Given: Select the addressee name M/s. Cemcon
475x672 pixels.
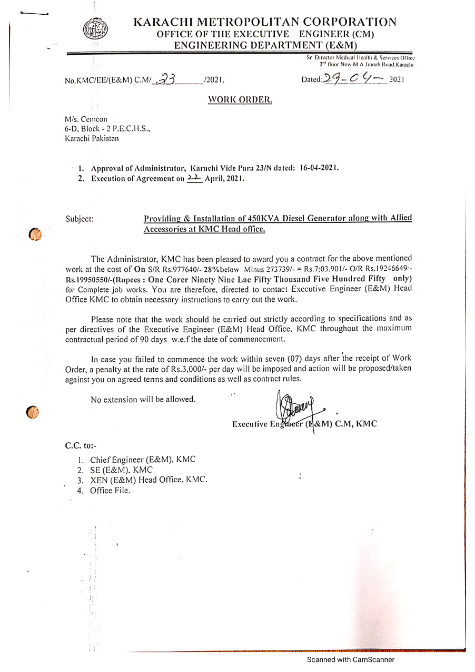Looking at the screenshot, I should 86,119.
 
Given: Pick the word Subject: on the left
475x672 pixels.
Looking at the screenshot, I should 80,219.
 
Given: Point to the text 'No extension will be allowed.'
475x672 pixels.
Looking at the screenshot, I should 143,400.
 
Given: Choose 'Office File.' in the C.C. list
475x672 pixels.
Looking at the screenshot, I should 110,491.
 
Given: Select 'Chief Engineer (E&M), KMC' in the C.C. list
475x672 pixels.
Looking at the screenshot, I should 143,460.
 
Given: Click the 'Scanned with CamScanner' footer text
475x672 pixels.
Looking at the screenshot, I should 351,660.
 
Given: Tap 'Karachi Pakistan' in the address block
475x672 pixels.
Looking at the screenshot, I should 92,139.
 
